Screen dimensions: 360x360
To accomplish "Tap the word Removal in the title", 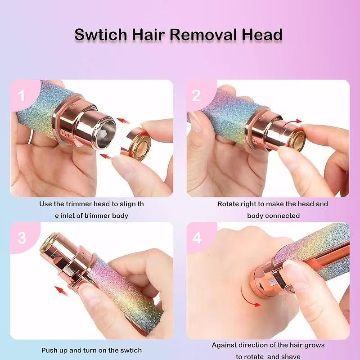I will coord(214,34).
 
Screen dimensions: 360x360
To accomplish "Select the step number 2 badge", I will coord(197,95).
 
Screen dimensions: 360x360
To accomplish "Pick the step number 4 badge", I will coord(197,238).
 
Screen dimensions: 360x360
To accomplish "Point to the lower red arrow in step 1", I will coord(106,157).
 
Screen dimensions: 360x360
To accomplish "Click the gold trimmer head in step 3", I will coord(48,244).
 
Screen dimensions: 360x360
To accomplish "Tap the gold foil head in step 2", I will coord(293,136).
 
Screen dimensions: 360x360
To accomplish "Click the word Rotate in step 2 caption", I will coord(229,204).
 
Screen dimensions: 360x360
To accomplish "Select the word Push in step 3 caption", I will coord(50,350).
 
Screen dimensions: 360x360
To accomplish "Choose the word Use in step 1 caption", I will coord(46,204).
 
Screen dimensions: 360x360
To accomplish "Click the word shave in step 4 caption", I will coord(291,357).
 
